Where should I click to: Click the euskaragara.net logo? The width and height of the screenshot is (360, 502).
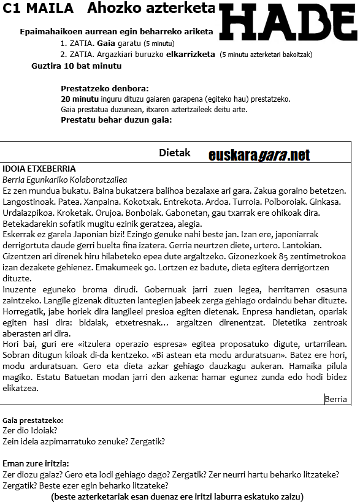[259, 155]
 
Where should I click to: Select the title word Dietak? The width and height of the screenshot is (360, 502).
[175, 153]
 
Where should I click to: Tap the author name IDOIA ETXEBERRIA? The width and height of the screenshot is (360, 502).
[39, 169]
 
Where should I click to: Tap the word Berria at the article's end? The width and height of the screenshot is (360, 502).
[336, 399]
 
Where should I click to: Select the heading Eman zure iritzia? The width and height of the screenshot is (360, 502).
[36, 463]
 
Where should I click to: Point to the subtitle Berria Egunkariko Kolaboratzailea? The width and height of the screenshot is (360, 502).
[65, 179]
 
